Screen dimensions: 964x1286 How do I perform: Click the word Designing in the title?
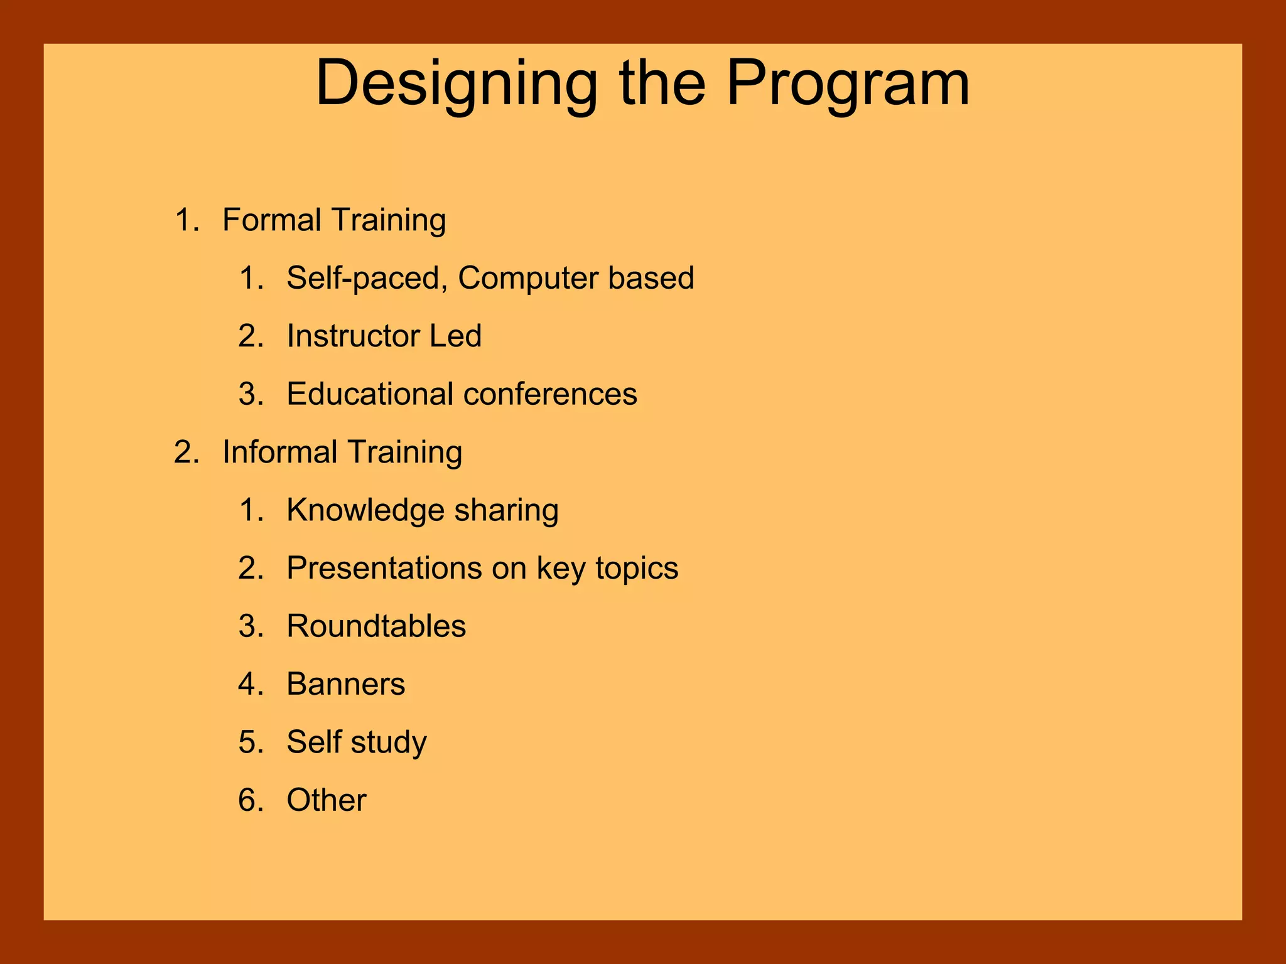click(457, 85)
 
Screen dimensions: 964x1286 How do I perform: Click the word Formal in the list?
click(271, 220)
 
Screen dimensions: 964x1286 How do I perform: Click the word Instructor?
click(353, 336)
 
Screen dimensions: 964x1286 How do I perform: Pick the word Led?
click(455, 336)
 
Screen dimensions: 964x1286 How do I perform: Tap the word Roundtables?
click(376, 626)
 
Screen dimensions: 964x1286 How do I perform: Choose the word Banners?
click(346, 684)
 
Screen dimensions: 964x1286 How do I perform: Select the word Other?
click(327, 800)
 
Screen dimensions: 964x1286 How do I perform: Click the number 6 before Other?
click(247, 800)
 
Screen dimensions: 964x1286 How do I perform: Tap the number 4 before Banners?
click(247, 684)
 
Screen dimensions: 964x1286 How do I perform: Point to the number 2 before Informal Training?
click(183, 453)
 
